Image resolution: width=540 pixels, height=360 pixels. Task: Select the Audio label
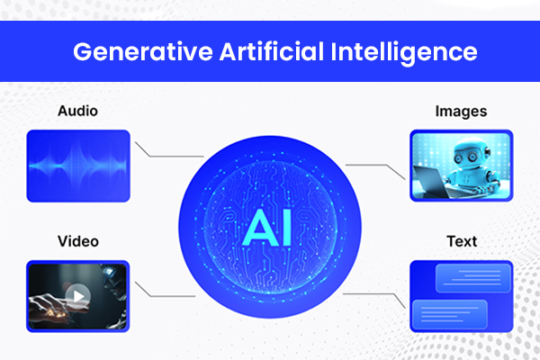[x=77, y=111]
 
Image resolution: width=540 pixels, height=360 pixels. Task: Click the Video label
[x=77, y=242]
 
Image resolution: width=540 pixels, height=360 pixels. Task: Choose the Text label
[x=462, y=242]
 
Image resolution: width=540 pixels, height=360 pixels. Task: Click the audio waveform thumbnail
[x=78, y=165]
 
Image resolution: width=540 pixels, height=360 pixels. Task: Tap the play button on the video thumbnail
[x=78, y=295]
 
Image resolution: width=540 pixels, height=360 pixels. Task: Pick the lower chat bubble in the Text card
[x=449, y=314]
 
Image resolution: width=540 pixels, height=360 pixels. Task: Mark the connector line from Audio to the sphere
[x=166, y=153]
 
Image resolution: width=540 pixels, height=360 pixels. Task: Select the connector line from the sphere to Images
[x=373, y=166]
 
